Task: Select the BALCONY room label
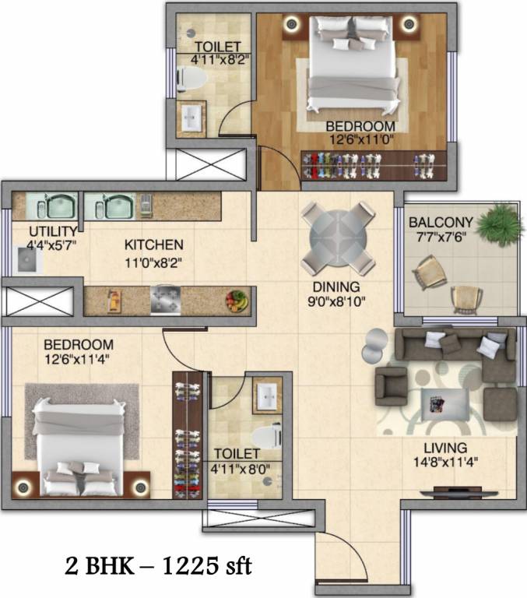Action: [441, 222]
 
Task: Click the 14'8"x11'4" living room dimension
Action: [445, 463]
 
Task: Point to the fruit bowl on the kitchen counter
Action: [237, 301]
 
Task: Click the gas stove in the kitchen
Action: [166, 300]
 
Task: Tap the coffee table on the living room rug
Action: [445, 404]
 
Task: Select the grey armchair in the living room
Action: [392, 386]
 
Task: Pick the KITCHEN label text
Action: [154, 244]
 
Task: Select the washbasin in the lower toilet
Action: [267, 396]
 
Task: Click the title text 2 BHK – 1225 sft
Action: [158, 566]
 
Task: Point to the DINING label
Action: [336, 287]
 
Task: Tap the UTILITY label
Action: [54, 231]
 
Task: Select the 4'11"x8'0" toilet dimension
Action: [241, 469]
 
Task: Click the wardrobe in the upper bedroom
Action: [374, 166]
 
